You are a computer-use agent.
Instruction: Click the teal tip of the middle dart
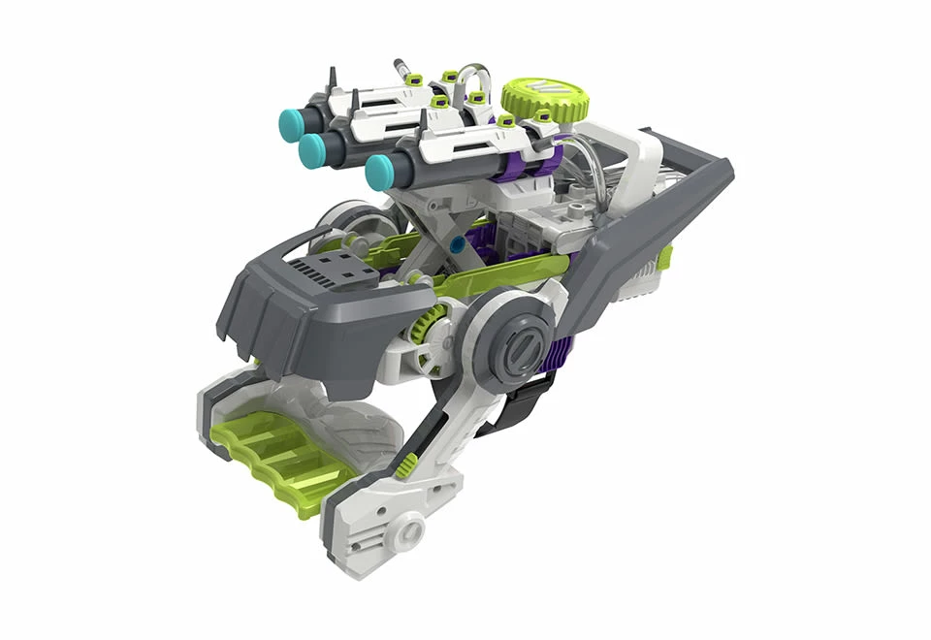312,148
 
